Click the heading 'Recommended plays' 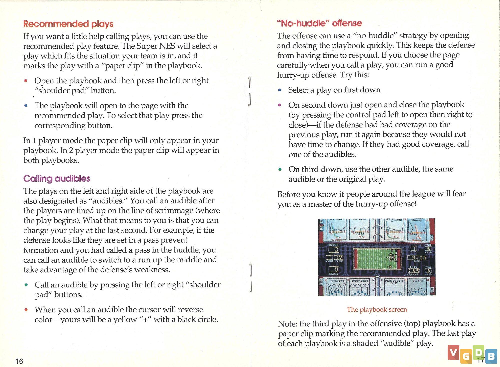click(68, 24)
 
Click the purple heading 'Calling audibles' click(57, 178)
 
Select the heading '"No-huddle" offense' click(319, 23)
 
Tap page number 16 click(19, 361)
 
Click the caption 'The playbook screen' click(377, 309)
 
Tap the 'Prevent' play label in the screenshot click(338, 281)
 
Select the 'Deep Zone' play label click(360, 281)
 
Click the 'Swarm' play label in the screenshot click(418, 281)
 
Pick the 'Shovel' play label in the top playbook click(416, 220)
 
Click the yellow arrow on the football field click(389, 267)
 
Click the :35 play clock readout click(414, 271)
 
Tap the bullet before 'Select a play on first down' click(280, 90)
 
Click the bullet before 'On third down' click(280, 169)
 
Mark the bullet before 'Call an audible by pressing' click(26, 285)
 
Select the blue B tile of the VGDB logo click(491, 356)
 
